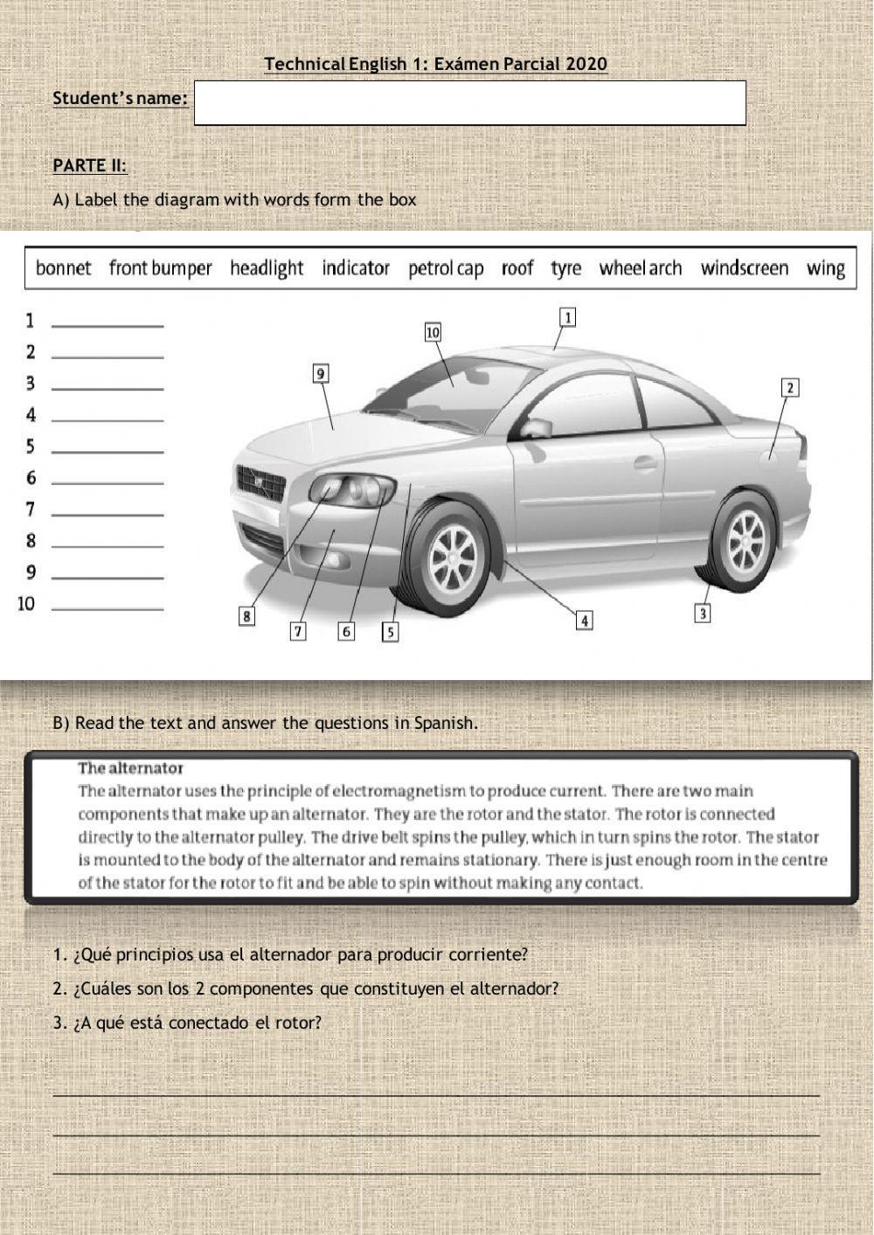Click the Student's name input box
pyautogui.click(x=469, y=103)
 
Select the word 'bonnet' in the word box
pyautogui.click(x=63, y=268)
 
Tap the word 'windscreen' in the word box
pyautogui.click(x=744, y=268)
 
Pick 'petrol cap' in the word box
pyautogui.click(x=446, y=268)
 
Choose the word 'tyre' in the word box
pyautogui.click(x=565, y=268)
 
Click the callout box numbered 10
pyautogui.click(x=433, y=332)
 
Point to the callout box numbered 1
pyautogui.click(x=567, y=317)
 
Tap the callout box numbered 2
pyautogui.click(x=789, y=387)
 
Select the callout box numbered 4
pyautogui.click(x=584, y=620)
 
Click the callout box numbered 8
pyautogui.click(x=248, y=616)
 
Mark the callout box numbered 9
pyautogui.click(x=321, y=374)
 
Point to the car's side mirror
pyautogui.click(x=537, y=427)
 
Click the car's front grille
pyautogui.click(x=260, y=482)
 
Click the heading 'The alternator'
pyautogui.click(x=130, y=768)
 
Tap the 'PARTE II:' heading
pyautogui.click(x=89, y=165)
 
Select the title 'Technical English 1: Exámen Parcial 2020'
pyautogui.click(x=435, y=64)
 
